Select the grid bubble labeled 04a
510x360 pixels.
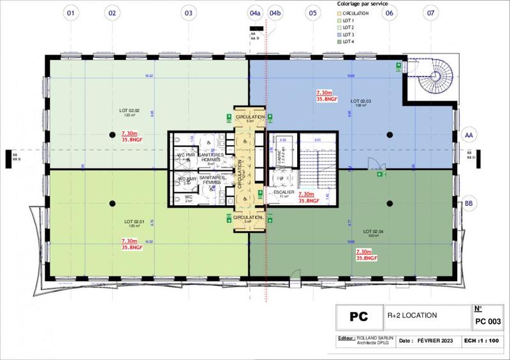pos(255,12)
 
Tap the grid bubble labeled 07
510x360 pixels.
pos(432,12)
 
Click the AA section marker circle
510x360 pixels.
pos(470,136)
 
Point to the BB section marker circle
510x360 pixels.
pos(470,203)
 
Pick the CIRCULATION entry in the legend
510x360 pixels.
pos(354,13)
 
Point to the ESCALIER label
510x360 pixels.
pos(282,192)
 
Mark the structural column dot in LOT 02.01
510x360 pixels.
pos(112,203)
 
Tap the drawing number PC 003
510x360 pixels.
pos(488,320)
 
